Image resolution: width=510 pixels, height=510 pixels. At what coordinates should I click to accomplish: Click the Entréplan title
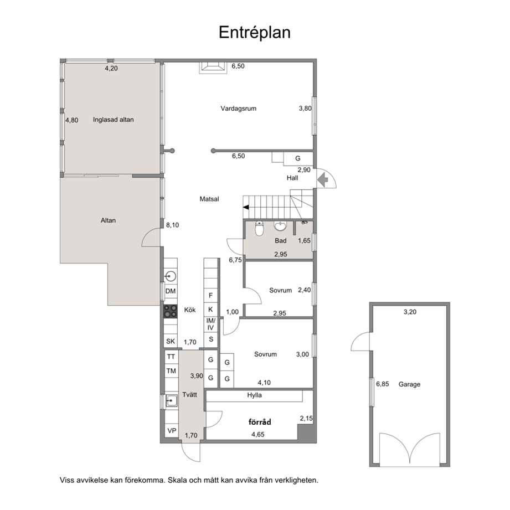point(254,33)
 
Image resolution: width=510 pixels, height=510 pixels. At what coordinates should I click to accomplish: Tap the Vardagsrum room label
point(239,109)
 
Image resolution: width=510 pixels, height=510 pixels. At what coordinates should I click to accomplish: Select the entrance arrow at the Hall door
point(323,179)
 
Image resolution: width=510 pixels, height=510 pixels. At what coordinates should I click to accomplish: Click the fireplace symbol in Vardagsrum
point(213,66)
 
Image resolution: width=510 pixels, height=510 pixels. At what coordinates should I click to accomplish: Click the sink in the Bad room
point(280,226)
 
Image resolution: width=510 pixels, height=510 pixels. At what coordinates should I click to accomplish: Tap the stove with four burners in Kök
point(171,311)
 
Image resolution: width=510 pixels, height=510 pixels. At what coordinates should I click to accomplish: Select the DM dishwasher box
point(171,291)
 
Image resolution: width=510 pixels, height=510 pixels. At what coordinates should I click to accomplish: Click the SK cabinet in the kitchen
point(171,341)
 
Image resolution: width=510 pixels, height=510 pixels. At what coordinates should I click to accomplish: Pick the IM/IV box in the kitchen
point(211,324)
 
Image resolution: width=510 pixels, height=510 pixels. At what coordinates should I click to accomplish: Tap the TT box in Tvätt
point(172,357)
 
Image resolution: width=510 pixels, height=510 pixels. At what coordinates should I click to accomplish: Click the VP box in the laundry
point(172,431)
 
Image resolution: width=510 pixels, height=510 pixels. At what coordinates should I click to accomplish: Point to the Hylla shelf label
point(254,395)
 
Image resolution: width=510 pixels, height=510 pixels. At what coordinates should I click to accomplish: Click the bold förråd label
point(260,422)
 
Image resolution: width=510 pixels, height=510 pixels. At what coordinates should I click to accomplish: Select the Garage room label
point(409,384)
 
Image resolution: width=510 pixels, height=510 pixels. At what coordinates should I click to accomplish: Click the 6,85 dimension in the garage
point(383,384)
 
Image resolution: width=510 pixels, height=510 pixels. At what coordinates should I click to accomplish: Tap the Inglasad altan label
point(113,120)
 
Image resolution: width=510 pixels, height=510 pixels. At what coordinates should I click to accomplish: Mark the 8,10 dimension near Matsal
point(172,225)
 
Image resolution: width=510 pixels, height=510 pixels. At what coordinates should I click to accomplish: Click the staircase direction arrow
point(246,207)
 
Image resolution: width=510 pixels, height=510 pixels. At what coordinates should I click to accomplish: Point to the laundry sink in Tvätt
point(171,401)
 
